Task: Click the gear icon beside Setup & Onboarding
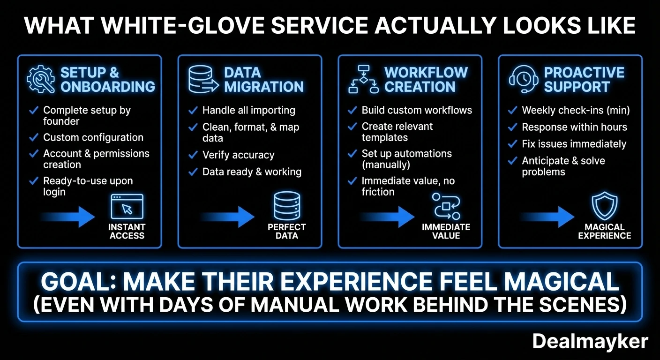pyautogui.click(x=41, y=80)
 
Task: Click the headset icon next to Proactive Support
pyautogui.click(x=523, y=79)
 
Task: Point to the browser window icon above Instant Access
pyautogui.click(x=127, y=207)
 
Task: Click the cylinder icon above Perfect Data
pyautogui.click(x=287, y=206)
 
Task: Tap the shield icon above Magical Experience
pyautogui.click(x=605, y=206)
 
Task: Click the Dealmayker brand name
pyautogui.click(x=590, y=342)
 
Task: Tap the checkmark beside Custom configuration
pyautogui.click(x=34, y=137)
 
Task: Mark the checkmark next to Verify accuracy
pyautogui.click(x=193, y=155)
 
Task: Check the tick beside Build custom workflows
pyautogui.click(x=352, y=111)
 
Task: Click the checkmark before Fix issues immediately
pyautogui.click(x=513, y=144)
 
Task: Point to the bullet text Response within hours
pyautogui.click(x=574, y=127)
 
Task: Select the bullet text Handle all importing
pyautogui.click(x=248, y=111)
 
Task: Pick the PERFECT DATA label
pyautogui.click(x=287, y=231)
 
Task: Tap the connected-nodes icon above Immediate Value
pyautogui.click(x=446, y=206)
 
